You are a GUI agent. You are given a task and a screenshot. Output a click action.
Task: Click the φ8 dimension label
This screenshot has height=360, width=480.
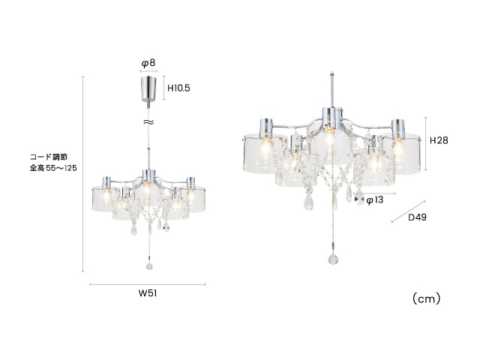click(148, 63)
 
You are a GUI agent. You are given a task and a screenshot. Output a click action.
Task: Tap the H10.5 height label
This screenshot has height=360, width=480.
click(178, 88)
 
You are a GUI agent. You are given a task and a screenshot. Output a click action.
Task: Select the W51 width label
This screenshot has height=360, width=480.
click(148, 293)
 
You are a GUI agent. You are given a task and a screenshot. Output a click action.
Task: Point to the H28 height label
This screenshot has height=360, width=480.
click(439, 140)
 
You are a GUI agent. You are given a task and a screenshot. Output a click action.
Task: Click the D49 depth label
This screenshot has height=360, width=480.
click(417, 217)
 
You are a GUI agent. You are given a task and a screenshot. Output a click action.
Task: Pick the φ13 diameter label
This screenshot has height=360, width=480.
click(375, 200)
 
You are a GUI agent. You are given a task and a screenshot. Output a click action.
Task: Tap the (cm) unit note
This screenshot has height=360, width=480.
click(427, 298)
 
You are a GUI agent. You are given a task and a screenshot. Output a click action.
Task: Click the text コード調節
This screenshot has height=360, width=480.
click(49, 157)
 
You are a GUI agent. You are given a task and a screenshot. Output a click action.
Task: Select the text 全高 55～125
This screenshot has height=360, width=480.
click(53, 168)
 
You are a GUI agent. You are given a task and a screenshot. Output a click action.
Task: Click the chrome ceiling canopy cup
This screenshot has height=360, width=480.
click(148, 88)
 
